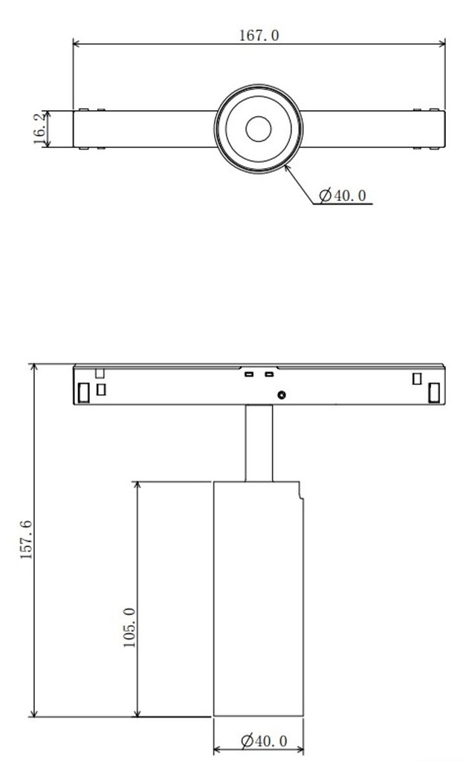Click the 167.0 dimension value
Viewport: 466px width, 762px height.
pos(259,35)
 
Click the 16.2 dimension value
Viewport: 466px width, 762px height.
pos(39,129)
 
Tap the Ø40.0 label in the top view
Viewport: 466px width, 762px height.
pos(343,196)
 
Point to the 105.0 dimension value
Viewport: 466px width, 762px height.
pos(129,627)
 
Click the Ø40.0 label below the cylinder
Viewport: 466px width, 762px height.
pos(264,740)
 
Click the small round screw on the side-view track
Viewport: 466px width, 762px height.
pos(282,395)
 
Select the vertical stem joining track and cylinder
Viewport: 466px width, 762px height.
pos(259,444)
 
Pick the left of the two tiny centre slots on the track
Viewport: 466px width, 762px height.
pos(250,374)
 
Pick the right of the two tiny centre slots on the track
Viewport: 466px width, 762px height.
pos(268,374)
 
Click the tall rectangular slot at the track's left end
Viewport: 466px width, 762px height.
pos(85,392)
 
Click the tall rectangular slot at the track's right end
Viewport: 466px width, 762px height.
pos(433,392)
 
